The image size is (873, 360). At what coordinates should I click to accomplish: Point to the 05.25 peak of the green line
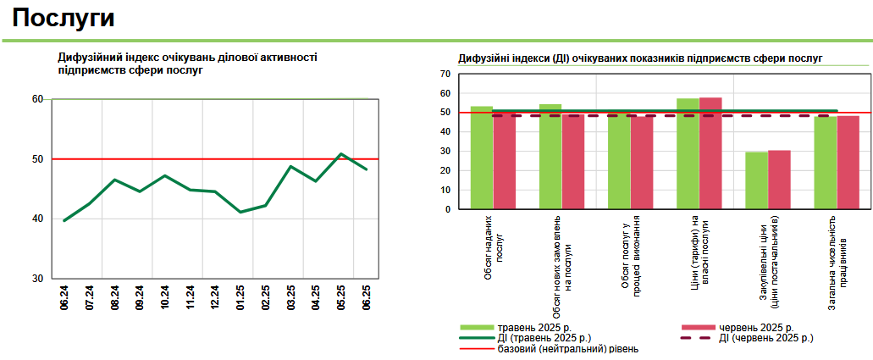coord(340,154)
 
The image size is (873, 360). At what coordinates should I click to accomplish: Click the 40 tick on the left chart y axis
coord(37,219)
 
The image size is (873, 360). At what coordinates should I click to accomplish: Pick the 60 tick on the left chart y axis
coord(37,99)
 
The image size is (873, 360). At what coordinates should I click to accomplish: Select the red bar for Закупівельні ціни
coord(779,180)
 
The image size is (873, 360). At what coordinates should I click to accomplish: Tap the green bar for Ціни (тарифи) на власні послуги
coord(688,153)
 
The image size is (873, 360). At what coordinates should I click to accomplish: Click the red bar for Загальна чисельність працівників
coord(848,163)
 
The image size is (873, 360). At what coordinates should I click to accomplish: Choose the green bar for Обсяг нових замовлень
coord(550,157)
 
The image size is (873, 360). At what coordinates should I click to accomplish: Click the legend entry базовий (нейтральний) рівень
coord(567,348)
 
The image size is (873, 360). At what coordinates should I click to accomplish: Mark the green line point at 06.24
coord(64,220)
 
